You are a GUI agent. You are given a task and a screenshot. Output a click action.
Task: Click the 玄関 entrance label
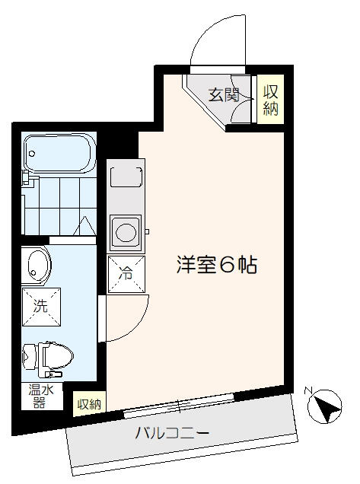tap(224, 95)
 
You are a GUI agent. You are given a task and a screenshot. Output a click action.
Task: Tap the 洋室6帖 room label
tap(217, 265)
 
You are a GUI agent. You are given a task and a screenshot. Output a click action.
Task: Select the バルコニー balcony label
tap(172, 433)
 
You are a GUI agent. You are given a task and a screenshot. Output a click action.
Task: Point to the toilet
tap(48, 359)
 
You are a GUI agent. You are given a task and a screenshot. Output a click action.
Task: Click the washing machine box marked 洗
tap(41, 307)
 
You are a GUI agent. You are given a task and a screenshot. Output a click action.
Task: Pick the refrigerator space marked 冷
tap(126, 274)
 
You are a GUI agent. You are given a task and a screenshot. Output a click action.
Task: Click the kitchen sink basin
tap(126, 177)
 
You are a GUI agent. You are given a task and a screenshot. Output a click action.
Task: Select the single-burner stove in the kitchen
tap(126, 233)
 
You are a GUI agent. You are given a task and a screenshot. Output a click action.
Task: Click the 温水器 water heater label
tap(41, 396)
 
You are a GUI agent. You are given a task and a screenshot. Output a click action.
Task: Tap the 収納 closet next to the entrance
tap(270, 100)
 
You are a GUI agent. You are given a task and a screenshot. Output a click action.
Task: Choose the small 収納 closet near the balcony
tap(89, 404)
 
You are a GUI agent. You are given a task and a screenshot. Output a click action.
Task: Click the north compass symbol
tap(325, 406)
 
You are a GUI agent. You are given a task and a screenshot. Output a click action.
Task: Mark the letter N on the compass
tap(307, 390)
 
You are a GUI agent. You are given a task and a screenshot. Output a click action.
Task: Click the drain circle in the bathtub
tap(31, 153)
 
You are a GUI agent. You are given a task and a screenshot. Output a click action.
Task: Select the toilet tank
tap(30, 357)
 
